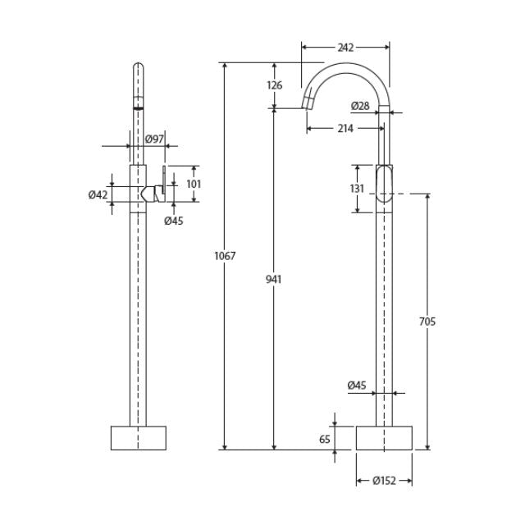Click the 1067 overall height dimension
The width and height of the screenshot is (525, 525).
[x=225, y=256]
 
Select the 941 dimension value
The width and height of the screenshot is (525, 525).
[x=274, y=279]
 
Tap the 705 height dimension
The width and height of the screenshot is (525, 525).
[x=427, y=321]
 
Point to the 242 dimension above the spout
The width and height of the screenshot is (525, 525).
[x=345, y=47]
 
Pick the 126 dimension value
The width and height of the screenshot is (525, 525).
[x=274, y=85]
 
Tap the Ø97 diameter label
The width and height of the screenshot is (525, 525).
[x=154, y=139]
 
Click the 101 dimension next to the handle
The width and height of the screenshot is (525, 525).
[x=193, y=184]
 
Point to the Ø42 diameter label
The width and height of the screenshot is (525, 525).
[x=98, y=194]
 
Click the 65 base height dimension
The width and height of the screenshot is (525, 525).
[x=324, y=439]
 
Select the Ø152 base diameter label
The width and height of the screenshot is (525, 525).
[x=384, y=482]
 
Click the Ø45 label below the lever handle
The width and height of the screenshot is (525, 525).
[x=173, y=220]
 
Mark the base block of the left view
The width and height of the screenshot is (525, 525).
[x=138, y=437]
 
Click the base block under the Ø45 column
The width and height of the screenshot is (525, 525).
[x=384, y=437]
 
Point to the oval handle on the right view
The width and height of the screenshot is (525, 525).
[x=385, y=184]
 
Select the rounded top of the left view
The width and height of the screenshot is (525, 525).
[x=138, y=69]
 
